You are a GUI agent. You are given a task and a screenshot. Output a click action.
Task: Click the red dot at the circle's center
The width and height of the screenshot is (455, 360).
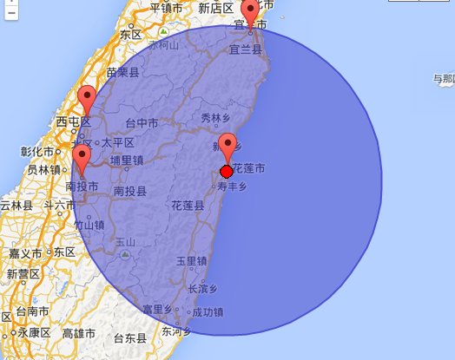point(227,171)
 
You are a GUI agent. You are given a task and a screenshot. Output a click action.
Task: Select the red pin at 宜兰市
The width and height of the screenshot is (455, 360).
point(251,13)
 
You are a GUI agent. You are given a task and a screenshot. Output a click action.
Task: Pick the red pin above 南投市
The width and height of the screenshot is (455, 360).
point(82,157)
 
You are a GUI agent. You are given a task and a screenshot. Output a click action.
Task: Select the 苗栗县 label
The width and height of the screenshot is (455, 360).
point(122,73)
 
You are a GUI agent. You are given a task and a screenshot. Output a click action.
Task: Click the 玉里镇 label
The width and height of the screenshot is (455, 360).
point(192,260)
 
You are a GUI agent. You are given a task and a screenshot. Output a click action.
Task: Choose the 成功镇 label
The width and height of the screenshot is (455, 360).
point(208,311)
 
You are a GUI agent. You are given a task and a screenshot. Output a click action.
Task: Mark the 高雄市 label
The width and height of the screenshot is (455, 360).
point(80,333)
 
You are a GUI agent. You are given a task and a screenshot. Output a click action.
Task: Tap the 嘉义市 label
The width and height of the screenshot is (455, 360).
point(28,253)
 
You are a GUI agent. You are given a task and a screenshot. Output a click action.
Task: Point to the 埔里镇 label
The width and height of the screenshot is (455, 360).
point(127,160)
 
